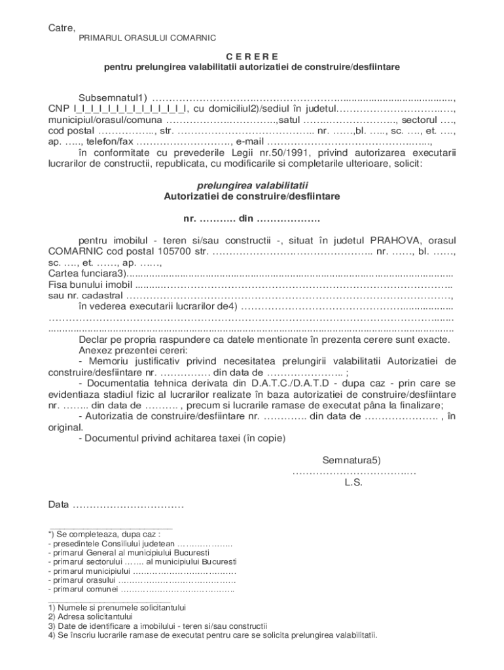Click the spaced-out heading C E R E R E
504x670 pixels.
click(252, 56)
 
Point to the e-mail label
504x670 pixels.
click(250, 141)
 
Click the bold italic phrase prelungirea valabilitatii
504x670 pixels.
click(253, 185)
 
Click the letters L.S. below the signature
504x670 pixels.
click(353, 483)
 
